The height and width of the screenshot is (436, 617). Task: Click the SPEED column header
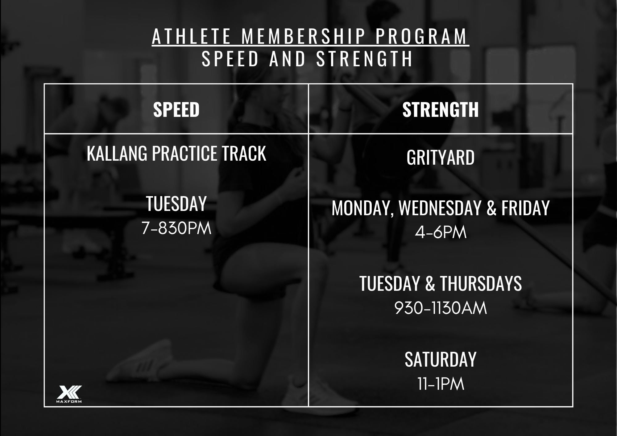(x=176, y=109)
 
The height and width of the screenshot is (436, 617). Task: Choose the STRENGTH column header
(x=441, y=109)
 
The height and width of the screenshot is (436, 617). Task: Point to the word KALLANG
(x=117, y=153)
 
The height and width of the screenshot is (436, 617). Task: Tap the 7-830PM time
(x=176, y=229)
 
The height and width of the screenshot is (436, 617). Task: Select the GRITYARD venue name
(x=441, y=158)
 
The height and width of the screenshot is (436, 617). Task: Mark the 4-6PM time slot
(x=441, y=233)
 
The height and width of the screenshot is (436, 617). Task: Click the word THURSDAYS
(x=481, y=283)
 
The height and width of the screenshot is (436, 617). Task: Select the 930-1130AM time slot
(x=441, y=308)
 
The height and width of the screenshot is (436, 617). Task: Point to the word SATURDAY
(x=441, y=359)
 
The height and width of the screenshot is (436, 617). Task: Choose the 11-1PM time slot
(x=441, y=384)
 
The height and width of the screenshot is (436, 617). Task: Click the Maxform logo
(x=69, y=394)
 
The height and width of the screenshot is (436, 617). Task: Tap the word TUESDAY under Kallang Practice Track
(x=176, y=204)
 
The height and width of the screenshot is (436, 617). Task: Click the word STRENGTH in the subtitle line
(x=364, y=59)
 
